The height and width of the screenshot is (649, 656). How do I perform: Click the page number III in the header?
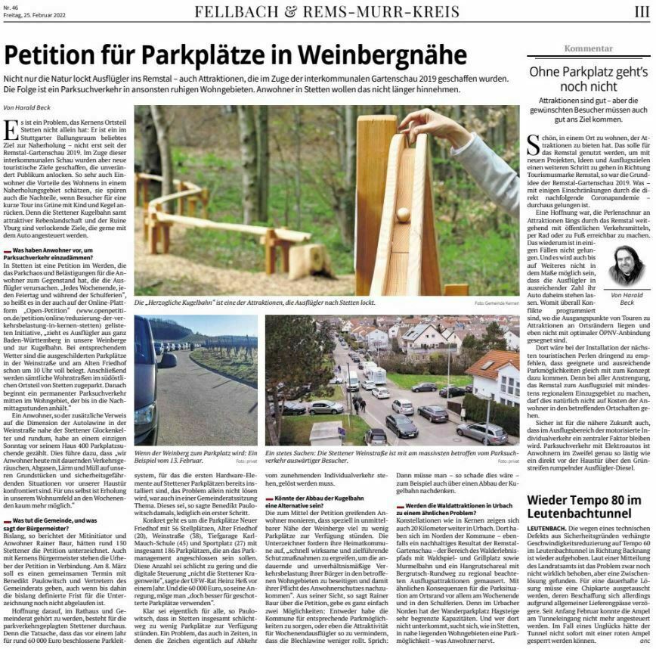pos(640,11)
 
